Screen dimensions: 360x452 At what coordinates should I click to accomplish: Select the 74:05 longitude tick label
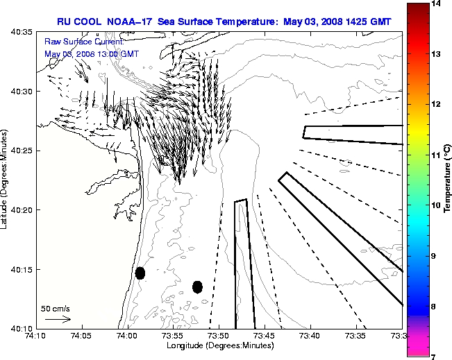tap(81, 336)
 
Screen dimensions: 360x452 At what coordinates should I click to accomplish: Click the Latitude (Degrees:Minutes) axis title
tap(6, 180)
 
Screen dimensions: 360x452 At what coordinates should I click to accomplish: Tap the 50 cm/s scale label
tap(56, 308)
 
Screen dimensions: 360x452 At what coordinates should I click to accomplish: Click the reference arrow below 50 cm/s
tap(58, 319)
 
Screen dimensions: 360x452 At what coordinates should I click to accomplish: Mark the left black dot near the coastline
tap(140, 273)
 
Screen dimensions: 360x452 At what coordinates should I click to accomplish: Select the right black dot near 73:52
tap(197, 286)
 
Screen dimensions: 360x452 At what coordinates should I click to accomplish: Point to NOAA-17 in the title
tap(131, 22)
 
